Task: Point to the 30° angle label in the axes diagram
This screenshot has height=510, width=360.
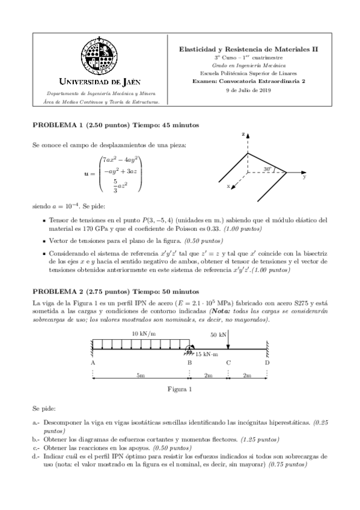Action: [268, 169]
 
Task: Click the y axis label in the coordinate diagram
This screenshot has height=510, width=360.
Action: [305, 177]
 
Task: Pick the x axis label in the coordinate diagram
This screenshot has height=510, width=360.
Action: [228, 186]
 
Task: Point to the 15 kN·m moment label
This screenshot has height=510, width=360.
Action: [208, 354]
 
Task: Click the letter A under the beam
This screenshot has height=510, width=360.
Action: [93, 363]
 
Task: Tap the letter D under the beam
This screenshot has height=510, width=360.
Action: [267, 363]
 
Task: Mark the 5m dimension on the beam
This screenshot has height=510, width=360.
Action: [141, 376]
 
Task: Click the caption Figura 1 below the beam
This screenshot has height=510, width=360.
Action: [180, 389]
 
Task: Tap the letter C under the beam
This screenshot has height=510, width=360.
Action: [228, 363]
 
